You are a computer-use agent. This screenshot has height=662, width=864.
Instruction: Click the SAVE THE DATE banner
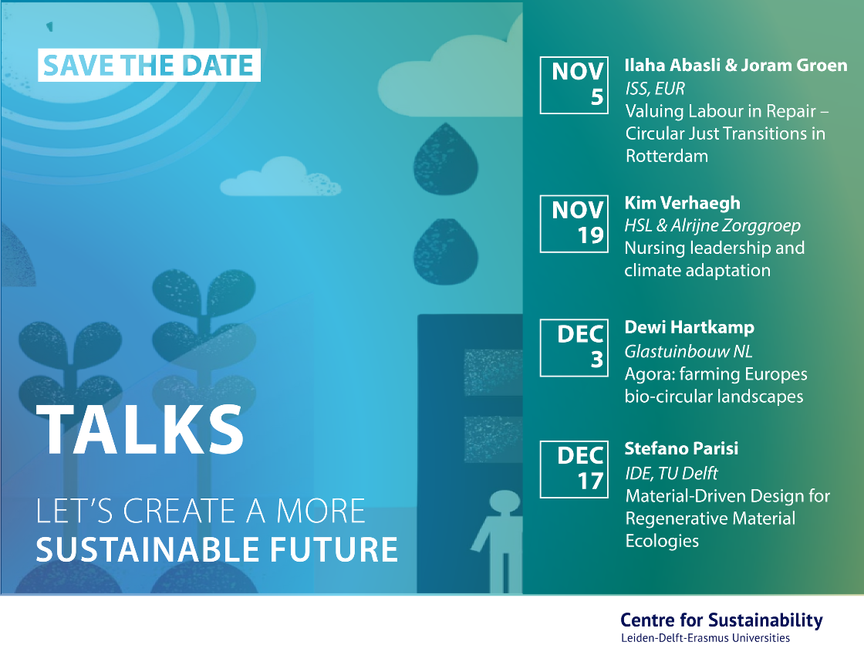(x=149, y=65)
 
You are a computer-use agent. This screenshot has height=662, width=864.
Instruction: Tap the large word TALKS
(x=140, y=430)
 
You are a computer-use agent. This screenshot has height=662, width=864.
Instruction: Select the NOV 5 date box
(x=574, y=86)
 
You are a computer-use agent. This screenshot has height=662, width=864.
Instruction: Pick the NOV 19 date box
(x=574, y=224)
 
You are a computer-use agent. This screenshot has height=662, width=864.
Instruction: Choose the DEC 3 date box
(x=574, y=348)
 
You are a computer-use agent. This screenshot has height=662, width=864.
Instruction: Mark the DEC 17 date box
(x=574, y=470)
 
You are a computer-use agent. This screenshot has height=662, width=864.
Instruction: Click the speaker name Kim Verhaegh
(x=682, y=204)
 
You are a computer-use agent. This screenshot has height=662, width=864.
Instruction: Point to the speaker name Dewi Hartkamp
(x=690, y=327)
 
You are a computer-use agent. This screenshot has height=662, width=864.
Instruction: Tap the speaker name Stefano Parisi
(x=681, y=449)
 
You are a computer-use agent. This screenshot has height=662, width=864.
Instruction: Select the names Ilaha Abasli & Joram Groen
(x=736, y=65)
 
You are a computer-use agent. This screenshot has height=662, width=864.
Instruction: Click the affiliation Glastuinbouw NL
(x=688, y=351)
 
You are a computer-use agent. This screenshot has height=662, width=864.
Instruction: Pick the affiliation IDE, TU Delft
(x=671, y=473)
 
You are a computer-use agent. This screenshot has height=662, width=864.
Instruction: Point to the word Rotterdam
(x=667, y=156)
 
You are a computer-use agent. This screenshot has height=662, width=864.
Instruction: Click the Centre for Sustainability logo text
(x=721, y=627)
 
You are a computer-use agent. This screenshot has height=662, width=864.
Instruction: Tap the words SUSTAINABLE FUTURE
(x=217, y=549)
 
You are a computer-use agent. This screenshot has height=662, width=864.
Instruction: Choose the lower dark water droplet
(x=446, y=252)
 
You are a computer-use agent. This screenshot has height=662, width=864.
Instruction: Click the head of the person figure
(x=505, y=501)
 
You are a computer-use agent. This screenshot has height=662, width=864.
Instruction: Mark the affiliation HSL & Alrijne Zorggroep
(x=712, y=225)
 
